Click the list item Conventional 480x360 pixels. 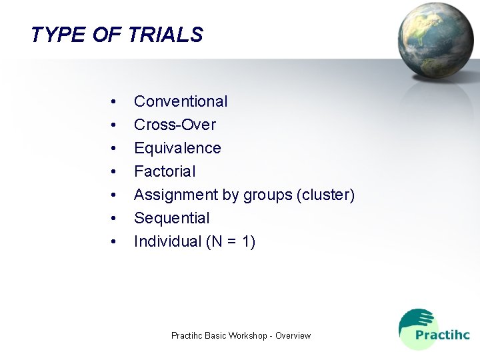pyautogui.click(x=181, y=101)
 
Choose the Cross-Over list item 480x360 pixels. pyautogui.click(x=175, y=125)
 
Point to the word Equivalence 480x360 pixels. pyautogui.click(x=177, y=148)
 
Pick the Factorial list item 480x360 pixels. pyautogui.click(x=165, y=171)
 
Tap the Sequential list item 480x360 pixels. pyautogui.click(x=171, y=218)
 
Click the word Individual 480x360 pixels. pyautogui.click(x=167, y=241)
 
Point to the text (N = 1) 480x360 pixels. pyautogui.click(x=231, y=241)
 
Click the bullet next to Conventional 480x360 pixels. pyautogui.click(x=115, y=102)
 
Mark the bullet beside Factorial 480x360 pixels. pyautogui.click(x=115, y=172)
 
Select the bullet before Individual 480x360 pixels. pyautogui.click(x=115, y=242)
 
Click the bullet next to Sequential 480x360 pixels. pyautogui.click(x=115, y=219)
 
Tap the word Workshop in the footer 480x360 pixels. pyautogui.click(x=249, y=335)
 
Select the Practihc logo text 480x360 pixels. pyautogui.click(x=442, y=335)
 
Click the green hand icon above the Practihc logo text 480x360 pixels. pyautogui.click(x=415, y=320)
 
